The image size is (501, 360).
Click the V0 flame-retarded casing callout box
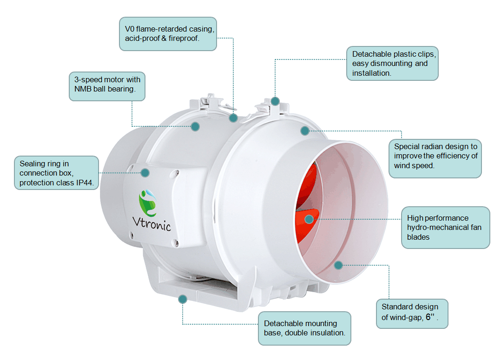click(168, 33)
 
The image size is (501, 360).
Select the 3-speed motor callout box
click(107, 86)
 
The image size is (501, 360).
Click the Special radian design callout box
click(435, 156)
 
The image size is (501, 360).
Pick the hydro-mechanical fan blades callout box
click(445, 228)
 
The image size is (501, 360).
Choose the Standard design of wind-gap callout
click(412, 313)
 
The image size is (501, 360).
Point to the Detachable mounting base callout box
click(304, 328)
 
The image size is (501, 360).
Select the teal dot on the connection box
click(145, 173)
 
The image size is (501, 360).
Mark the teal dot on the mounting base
click(183, 299)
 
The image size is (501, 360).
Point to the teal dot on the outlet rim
click(338, 265)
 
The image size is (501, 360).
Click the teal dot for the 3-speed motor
click(195, 126)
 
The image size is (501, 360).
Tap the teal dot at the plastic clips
click(275, 101)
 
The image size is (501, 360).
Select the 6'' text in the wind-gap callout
click(430, 318)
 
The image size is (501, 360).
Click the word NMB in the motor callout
click(83, 89)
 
